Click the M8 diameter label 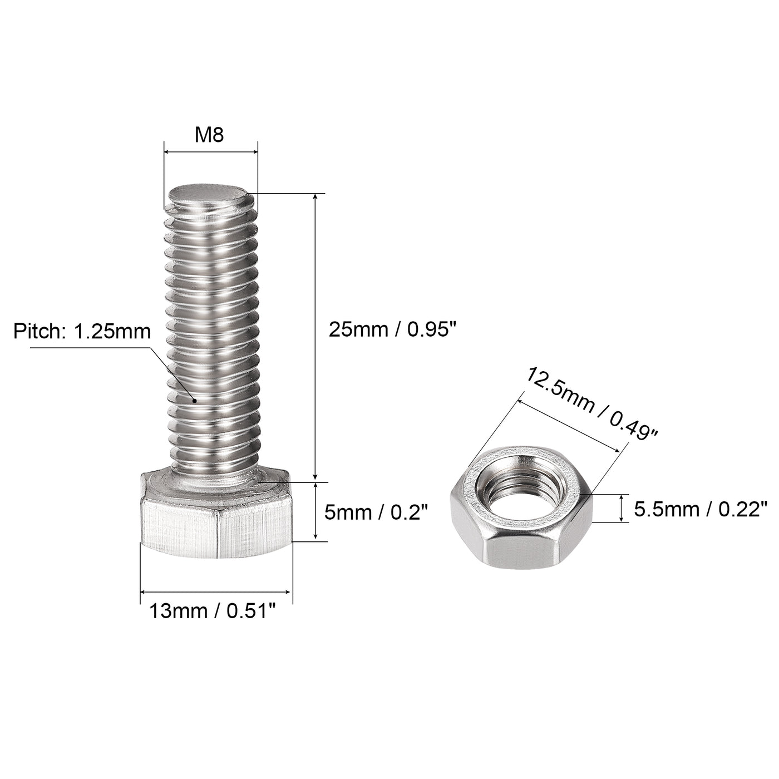[210, 135]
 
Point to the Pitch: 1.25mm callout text [82, 331]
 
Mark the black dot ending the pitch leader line [194, 400]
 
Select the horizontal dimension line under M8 [211, 151]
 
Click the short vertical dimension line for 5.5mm [622, 509]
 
